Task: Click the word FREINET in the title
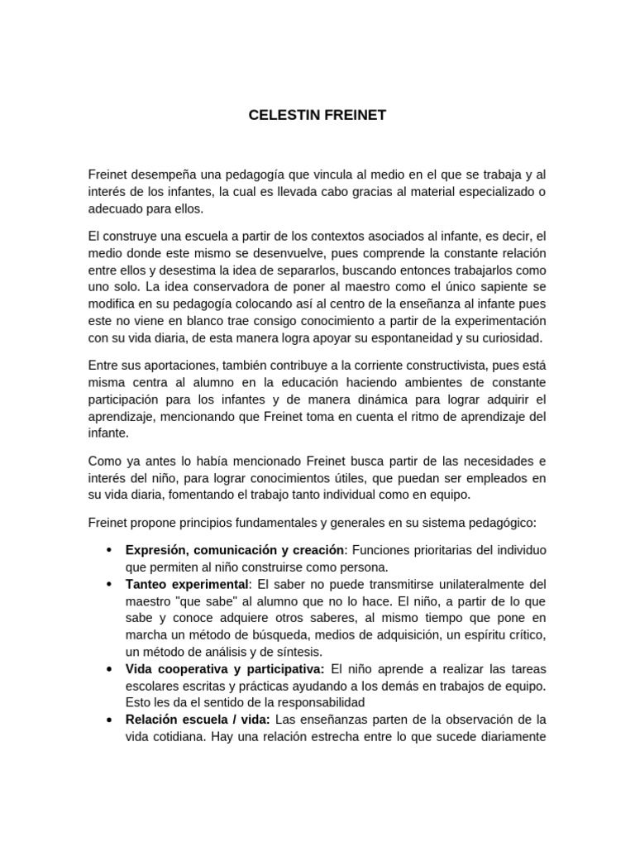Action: click(353, 115)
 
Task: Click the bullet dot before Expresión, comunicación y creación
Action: click(110, 551)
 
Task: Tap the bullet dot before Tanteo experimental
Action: click(110, 584)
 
